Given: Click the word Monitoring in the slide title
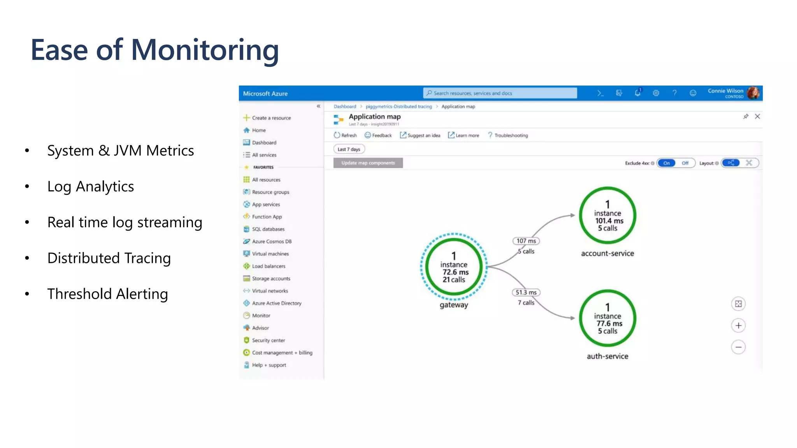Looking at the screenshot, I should point(205,50).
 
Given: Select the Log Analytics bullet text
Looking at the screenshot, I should point(90,187).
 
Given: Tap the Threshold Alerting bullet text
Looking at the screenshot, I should point(107,294).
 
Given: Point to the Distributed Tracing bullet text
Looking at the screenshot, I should point(109,258).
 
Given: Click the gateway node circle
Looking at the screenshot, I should point(454,267).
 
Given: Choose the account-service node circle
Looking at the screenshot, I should point(607,216).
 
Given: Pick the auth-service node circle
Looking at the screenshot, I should point(607,318).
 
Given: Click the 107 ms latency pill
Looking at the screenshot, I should point(526,241).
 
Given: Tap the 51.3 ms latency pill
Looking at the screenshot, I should point(526,292).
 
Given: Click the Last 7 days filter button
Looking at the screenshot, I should point(349,149).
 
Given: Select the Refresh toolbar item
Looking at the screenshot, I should point(345,135).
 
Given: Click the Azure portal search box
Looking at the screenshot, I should point(500,93).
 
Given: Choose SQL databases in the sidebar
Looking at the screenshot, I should point(268,229).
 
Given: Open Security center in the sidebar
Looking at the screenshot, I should point(268,340).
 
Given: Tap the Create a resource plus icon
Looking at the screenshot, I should point(246,117).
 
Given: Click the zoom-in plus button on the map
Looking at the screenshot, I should point(738,325).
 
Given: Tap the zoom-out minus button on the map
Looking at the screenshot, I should point(738,347).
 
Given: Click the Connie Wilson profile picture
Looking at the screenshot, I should point(753,93).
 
